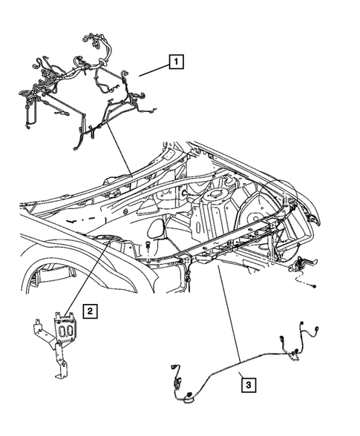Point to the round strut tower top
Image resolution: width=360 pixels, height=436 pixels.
coord(218,195)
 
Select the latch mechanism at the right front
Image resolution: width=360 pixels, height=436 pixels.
coord(304,263)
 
